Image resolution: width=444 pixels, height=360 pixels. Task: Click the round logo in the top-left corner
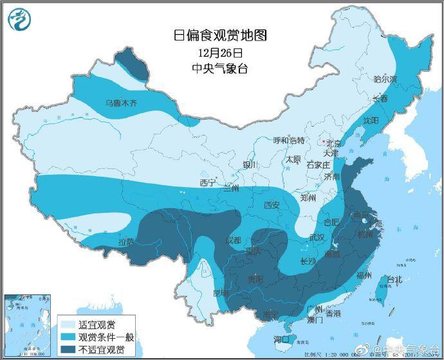point(20,21)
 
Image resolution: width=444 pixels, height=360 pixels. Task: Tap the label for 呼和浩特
point(288,140)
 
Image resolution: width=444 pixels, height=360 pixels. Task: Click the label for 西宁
point(207,183)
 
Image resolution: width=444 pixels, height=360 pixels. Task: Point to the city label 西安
point(272,205)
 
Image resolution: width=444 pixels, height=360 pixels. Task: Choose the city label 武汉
point(317,238)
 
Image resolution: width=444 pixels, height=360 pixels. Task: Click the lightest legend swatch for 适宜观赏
point(66,324)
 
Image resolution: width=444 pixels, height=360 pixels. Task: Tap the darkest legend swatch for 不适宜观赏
point(66,349)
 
